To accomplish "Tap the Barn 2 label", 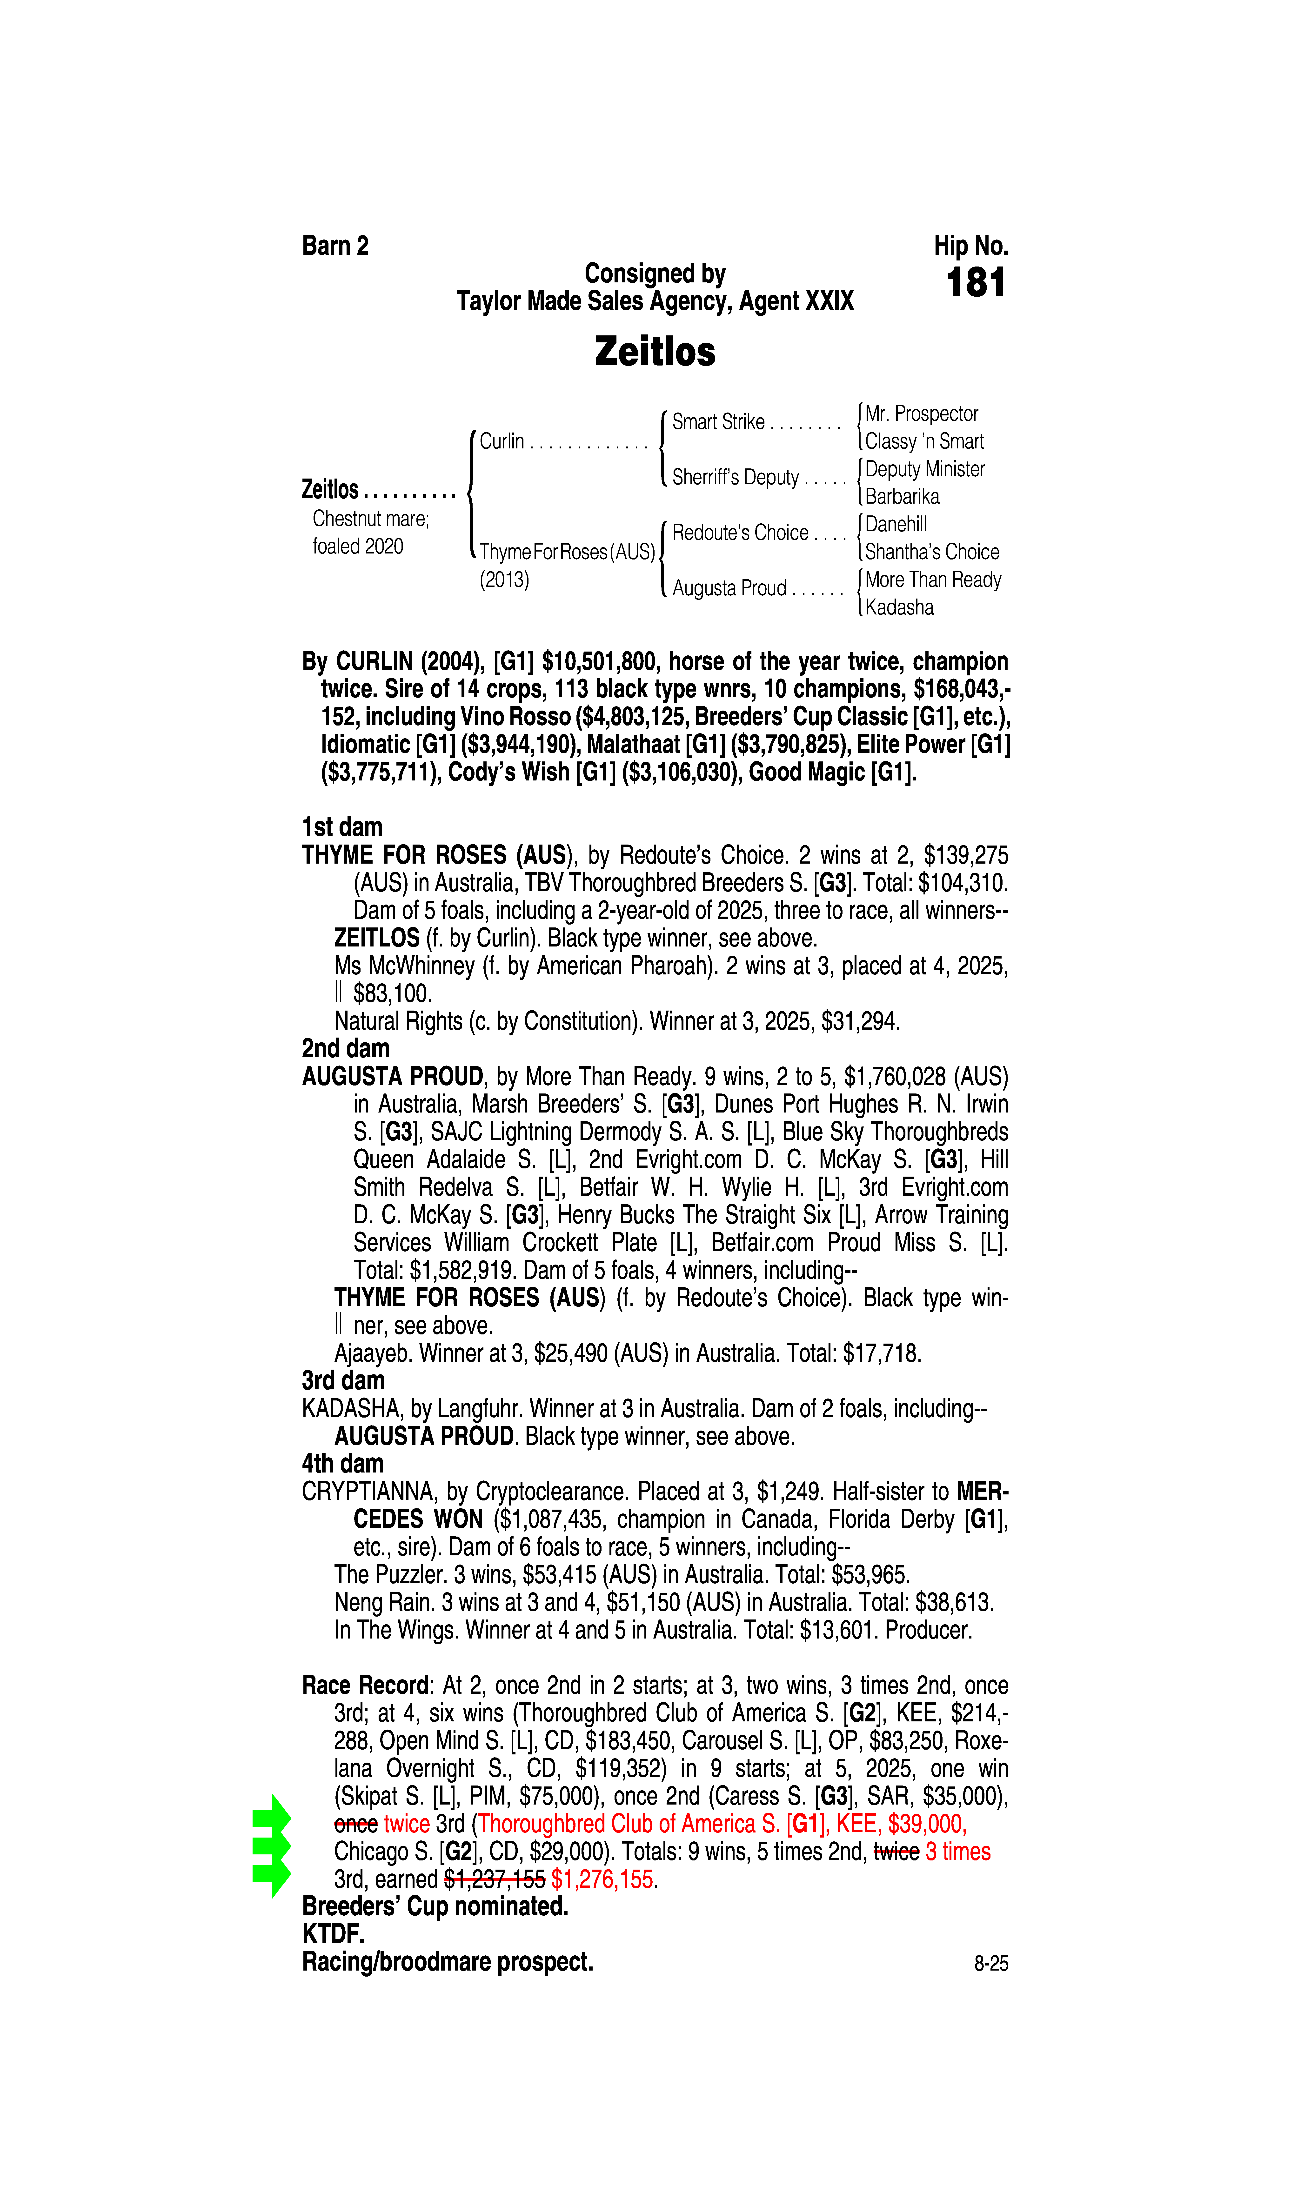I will point(335,246).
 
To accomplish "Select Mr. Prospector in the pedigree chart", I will point(921,413).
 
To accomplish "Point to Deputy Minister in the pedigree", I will point(924,469).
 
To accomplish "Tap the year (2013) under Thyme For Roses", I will point(504,580).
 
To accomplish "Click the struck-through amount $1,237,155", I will point(495,1879).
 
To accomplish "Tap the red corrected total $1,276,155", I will point(603,1879).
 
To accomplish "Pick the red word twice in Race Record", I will point(406,1824).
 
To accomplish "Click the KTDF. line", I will point(333,1934).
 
